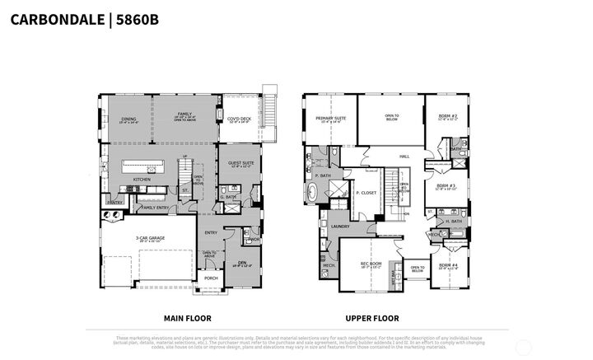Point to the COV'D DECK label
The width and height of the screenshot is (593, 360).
click(239, 119)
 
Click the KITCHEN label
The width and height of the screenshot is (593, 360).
click(142, 179)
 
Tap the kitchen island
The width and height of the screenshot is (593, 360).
click(150, 166)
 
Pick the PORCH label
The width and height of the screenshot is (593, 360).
click(210, 278)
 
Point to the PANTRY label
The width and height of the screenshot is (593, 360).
click(114, 202)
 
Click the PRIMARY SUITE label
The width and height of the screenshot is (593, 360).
click(329, 119)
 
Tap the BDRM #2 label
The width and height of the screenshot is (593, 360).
click(448, 118)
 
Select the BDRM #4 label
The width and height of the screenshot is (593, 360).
click(448, 264)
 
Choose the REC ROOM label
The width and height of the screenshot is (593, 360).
click(370, 264)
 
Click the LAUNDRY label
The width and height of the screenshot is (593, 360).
click(339, 227)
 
